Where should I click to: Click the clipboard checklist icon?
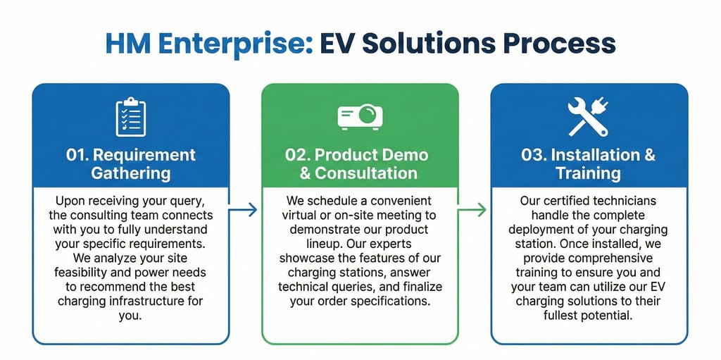pos(131,118)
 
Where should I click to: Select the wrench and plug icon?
pos(588,117)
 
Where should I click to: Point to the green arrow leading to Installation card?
pos(475,209)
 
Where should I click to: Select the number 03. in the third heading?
pos(534,155)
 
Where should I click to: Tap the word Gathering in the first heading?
pos(131,173)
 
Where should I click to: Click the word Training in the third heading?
pos(589,173)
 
